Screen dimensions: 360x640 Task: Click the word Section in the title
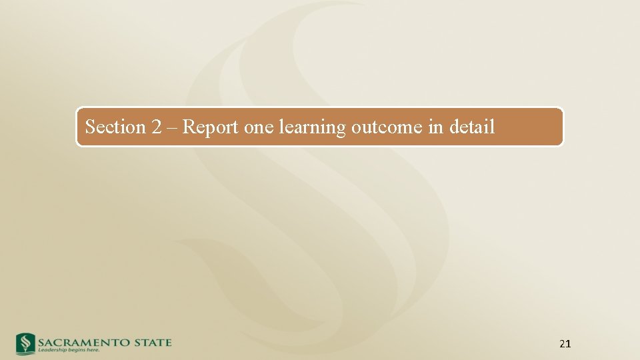coord(115,127)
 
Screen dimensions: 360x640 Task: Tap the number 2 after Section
coord(157,127)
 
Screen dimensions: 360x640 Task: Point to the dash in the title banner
coord(172,127)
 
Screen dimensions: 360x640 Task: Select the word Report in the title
coord(210,127)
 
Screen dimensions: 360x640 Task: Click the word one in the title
coord(259,127)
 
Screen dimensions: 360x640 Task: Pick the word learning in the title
coord(311,127)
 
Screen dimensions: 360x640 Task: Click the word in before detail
coord(436,127)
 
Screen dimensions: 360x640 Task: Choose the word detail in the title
coord(472,127)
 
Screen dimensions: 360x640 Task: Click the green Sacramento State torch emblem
coord(25,343)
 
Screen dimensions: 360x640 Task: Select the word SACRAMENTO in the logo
coord(81,343)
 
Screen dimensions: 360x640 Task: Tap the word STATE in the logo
coord(151,343)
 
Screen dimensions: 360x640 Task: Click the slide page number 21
coord(565,344)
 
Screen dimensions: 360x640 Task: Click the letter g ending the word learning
coord(341,129)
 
